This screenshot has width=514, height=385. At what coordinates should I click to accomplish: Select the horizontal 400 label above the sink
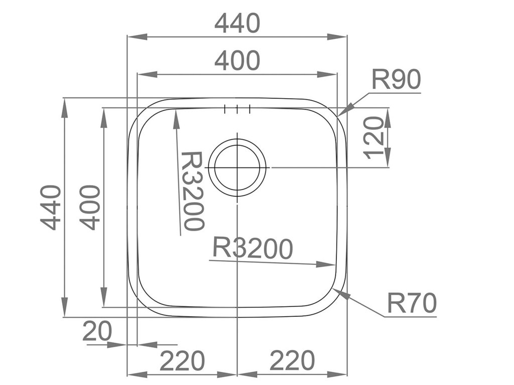tap(237, 61)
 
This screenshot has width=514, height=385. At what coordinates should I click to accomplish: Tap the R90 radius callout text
tap(396, 80)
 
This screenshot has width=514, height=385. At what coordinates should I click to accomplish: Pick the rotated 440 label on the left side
tap(51, 207)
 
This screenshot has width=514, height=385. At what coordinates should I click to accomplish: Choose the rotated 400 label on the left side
tap(90, 207)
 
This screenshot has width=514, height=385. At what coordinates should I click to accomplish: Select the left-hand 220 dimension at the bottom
tap(182, 360)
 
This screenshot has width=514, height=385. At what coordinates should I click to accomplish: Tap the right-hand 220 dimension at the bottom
tap(292, 360)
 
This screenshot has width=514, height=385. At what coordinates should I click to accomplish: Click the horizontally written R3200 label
tap(252, 248)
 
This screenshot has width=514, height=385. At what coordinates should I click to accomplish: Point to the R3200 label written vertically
tap(192, 190)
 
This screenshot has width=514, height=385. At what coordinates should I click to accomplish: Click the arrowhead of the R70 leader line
tap(342, 294)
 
